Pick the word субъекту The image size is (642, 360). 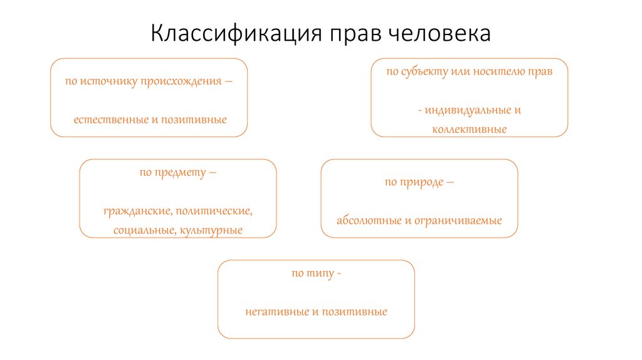tap(426, 71)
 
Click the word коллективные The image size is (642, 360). tap(469, 129)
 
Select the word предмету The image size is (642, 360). tap(179, 172)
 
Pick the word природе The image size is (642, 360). tap(418, 183)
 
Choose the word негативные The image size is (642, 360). tap(273, 311)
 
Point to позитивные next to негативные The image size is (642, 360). tap(354, 311)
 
